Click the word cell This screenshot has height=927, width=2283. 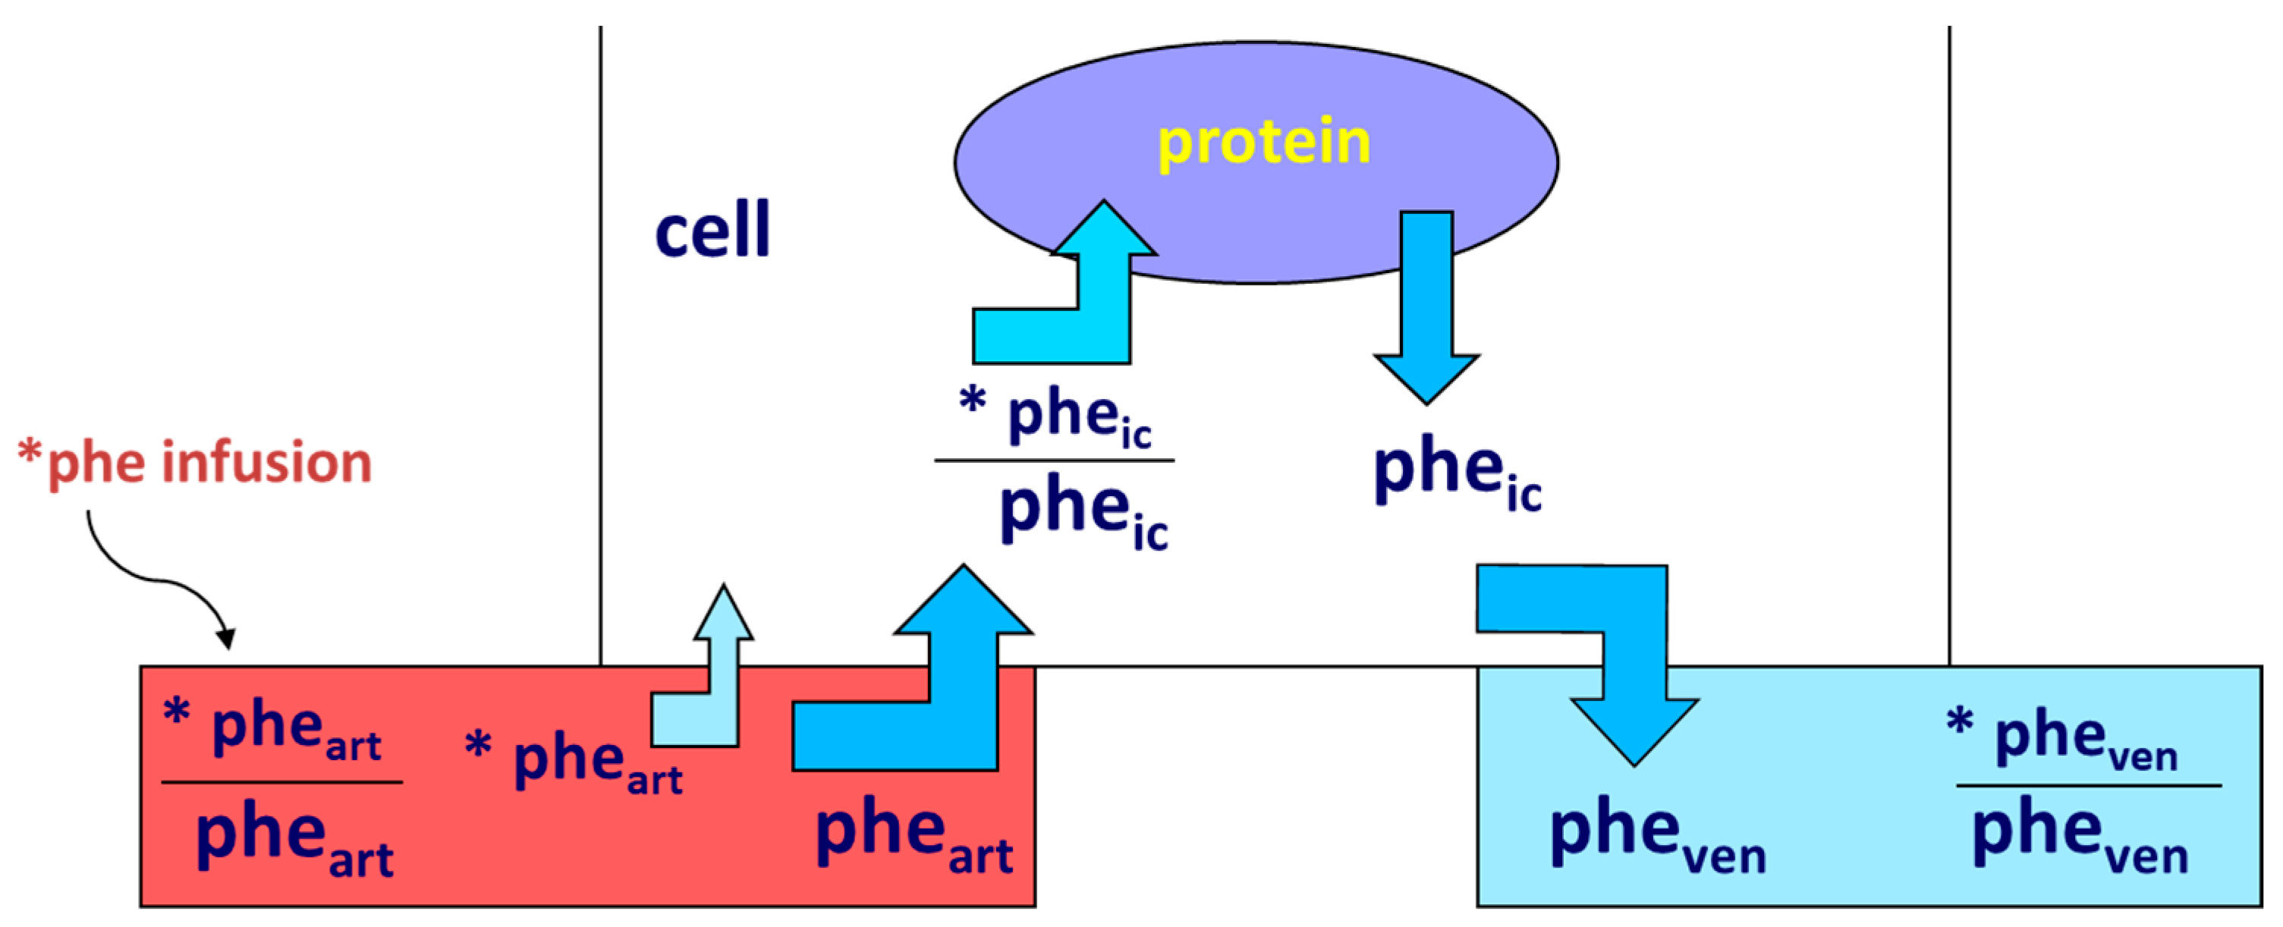(712, 231)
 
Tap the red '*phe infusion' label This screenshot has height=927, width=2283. (195, 463)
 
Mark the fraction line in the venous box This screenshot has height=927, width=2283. (2088, 785)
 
